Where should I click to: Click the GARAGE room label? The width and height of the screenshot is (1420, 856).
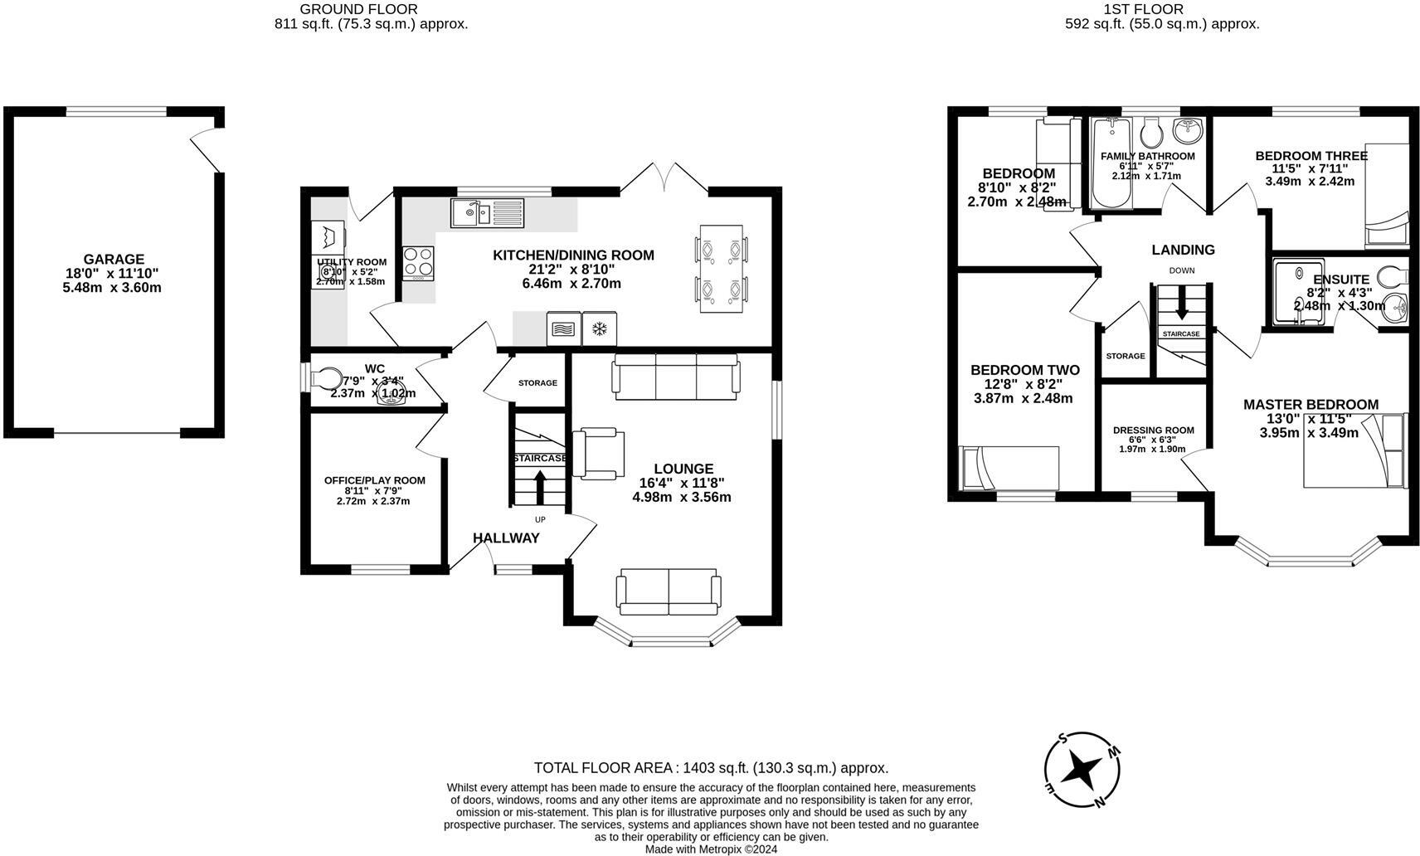pyautogui.click(x=114, y=260)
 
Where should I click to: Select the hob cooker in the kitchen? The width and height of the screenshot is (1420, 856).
pyautogui.click(x=418, y=262)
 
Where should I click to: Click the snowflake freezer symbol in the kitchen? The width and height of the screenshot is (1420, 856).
pyautogui.click(x=598, y=329)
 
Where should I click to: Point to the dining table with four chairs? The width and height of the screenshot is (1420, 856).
pyautogui.click(x=721, y=269)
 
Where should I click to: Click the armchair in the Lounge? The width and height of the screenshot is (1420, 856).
pyautogui.click(x=597, y=453)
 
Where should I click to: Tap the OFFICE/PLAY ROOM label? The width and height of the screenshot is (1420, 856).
pyautogui.click(x=374, y=480)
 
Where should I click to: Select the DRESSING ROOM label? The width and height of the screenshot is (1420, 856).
pyautogui.click(x=1153, y=430)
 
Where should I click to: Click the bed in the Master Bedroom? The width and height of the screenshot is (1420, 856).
pyautogui.click(x=1354, y=450)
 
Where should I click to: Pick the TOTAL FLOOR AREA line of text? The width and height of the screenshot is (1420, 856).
pyautogui.click(x=711, y=768)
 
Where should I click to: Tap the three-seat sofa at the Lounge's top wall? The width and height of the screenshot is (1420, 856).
pyautogui.click(x=676, y=375)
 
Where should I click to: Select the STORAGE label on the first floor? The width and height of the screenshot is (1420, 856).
pyautogui.click(x=1125, y=356)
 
